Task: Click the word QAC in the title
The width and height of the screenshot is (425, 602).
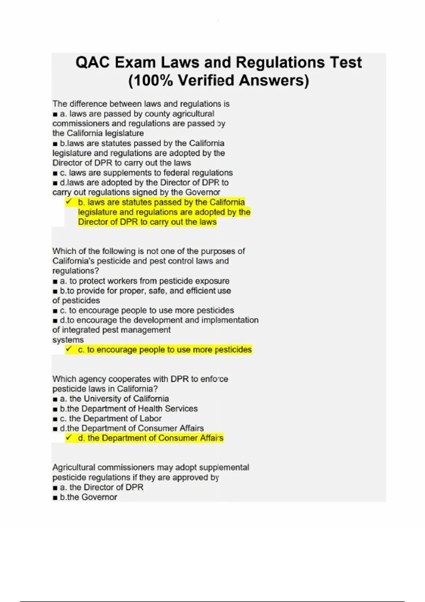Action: tap(92, 63)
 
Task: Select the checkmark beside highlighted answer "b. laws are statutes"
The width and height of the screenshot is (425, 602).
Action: tap(69, 202)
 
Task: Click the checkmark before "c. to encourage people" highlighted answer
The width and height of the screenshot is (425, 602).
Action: tap(69, 349)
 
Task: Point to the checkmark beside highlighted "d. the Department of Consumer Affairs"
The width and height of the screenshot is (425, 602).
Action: tap(69, 438)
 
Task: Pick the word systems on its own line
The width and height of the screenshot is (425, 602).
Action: tap(68, 340)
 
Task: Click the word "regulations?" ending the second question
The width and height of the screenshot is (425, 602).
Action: tap(75, 271)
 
